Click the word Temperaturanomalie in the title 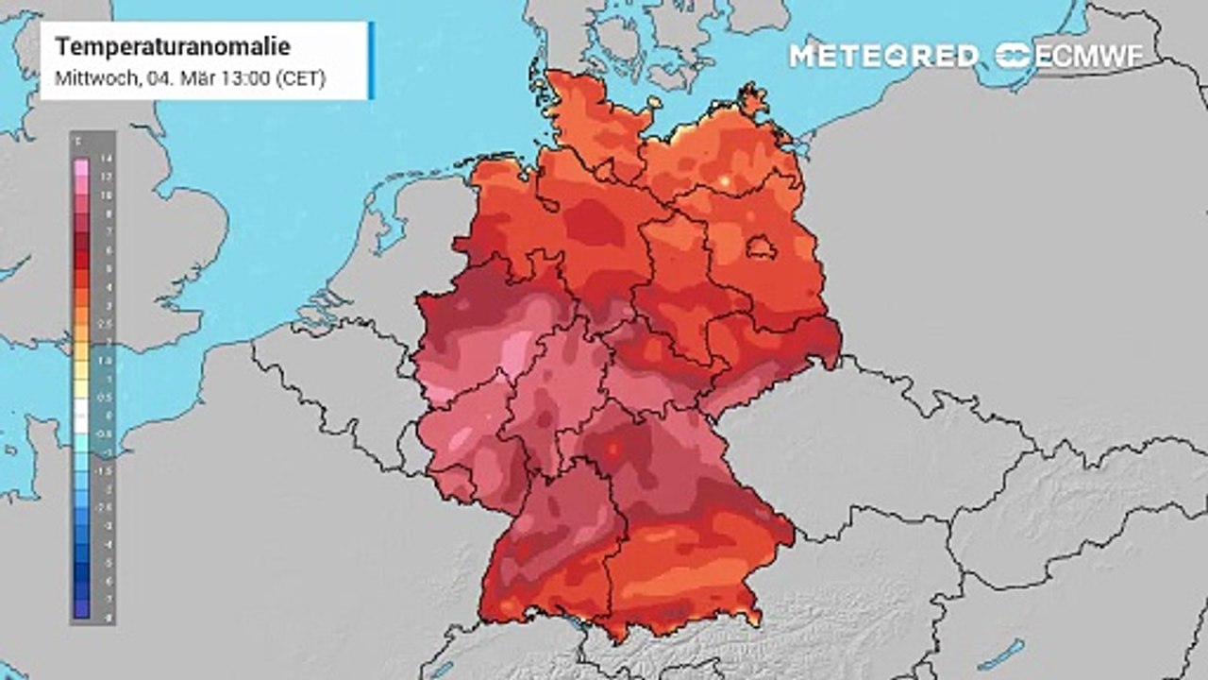[173, 47]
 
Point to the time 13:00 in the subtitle [243, 79]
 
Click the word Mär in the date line [202, 79]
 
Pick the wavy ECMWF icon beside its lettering [1015, 56]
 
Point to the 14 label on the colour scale [106, 159]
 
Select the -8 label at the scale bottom [106, 616]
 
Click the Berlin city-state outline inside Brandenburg [761, 249]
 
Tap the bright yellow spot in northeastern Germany [725, 180]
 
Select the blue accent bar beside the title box [371, 60]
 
